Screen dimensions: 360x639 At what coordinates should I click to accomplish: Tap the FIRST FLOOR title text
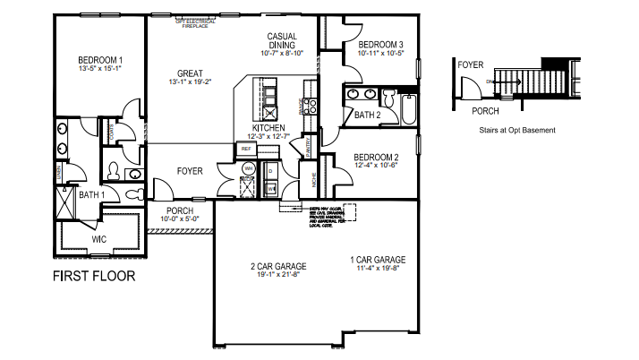click(94, 276)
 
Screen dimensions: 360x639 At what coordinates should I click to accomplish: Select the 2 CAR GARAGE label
click(277, 266)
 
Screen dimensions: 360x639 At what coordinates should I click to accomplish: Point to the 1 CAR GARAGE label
click(378, 261)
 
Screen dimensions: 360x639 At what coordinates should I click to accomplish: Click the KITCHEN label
click(268, 128)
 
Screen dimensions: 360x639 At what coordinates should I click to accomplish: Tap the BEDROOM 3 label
click(380, 45)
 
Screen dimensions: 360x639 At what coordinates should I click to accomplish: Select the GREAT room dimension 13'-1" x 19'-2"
click(190, 82)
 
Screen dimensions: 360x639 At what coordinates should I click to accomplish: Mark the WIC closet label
click(98, 239)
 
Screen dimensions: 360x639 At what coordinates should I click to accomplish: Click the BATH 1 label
click(91, 194)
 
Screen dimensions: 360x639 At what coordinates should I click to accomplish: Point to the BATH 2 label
click(368, 115)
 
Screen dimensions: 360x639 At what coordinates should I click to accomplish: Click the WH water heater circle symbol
click(248, 168)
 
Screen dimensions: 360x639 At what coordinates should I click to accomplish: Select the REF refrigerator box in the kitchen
click(245, 149)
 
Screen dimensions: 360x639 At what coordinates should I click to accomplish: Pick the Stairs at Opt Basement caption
click(517, 131)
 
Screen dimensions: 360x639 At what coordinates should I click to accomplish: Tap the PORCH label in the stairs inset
click(485, 111)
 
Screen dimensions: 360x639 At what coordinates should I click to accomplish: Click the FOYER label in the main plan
click(189, 170)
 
